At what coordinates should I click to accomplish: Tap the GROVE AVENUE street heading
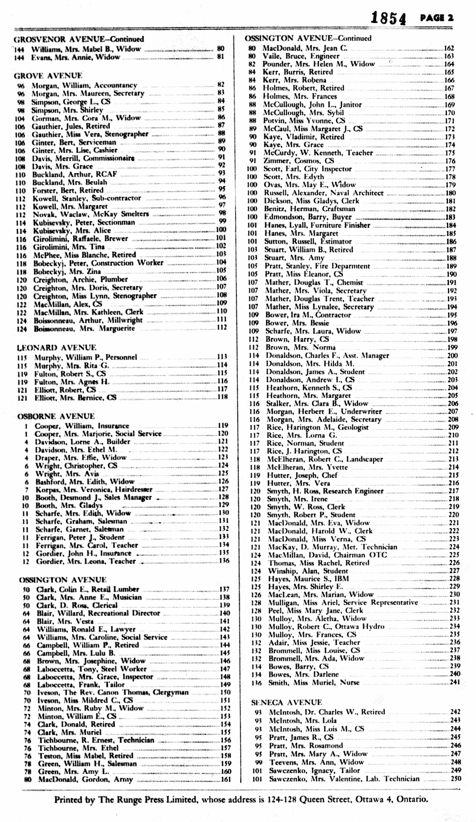click(48, 76)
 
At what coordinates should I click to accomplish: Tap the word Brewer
click(116, 239)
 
